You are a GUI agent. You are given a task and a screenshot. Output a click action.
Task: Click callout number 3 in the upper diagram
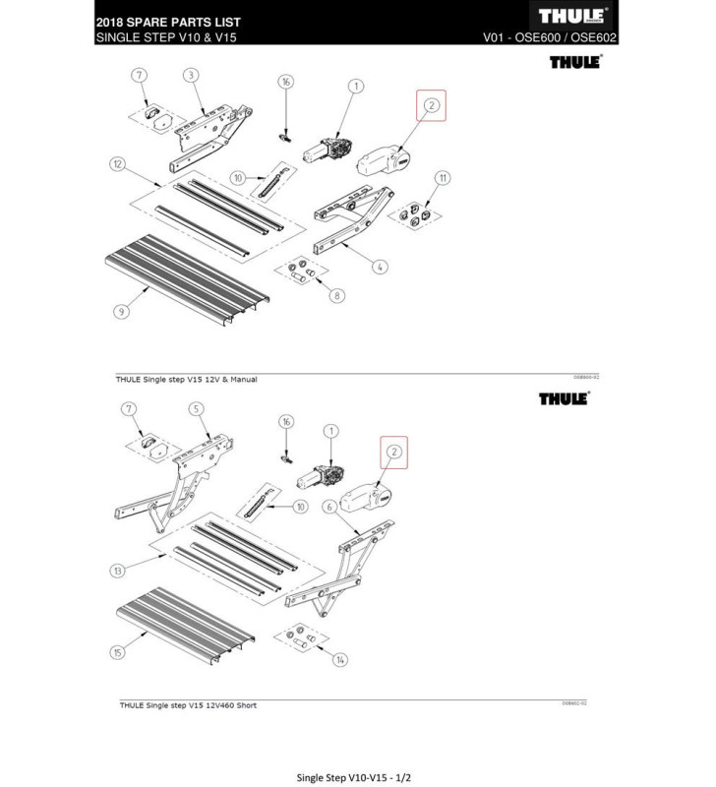[x=191, y=75]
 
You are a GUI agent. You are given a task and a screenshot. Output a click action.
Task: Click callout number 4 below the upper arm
[x=379, y=266]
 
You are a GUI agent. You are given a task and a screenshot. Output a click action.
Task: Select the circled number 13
[x=120, y=571]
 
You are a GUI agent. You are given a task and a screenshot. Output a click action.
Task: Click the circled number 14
[x=341, y=660]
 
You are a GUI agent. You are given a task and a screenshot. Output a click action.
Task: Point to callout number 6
[x=329, y=506]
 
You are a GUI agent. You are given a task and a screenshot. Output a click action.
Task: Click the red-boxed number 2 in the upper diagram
[x=430, y=105]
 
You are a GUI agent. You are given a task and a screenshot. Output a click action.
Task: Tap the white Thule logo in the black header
[x=574, y=17]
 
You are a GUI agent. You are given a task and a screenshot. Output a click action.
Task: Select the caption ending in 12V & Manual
[x=188, y=380]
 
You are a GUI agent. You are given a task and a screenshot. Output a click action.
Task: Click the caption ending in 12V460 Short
[x=188, y=705]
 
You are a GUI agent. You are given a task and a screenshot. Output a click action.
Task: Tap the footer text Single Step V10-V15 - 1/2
[x=357, y=751]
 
